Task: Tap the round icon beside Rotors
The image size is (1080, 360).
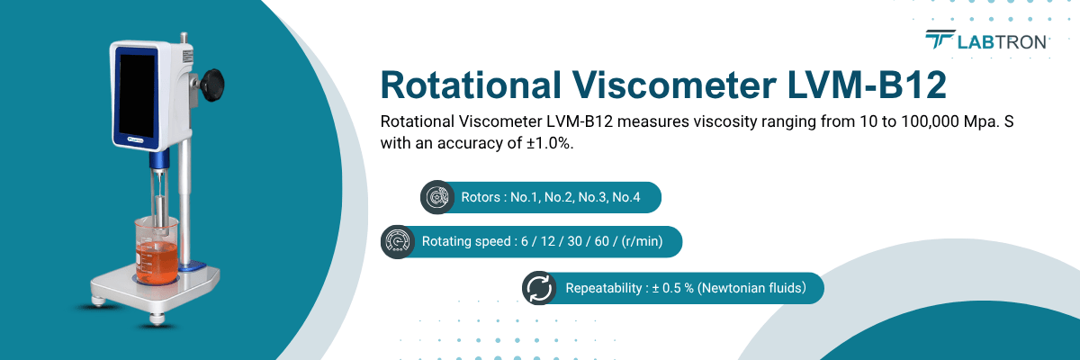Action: [438, 197]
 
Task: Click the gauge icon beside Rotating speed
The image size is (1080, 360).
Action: [397, 242]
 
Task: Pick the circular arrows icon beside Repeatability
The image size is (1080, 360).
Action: [539, 288]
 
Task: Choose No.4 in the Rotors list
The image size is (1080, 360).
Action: [625, 197]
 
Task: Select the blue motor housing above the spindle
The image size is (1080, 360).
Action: [159, 162]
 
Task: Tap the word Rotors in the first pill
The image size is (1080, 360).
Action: [478, 197]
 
